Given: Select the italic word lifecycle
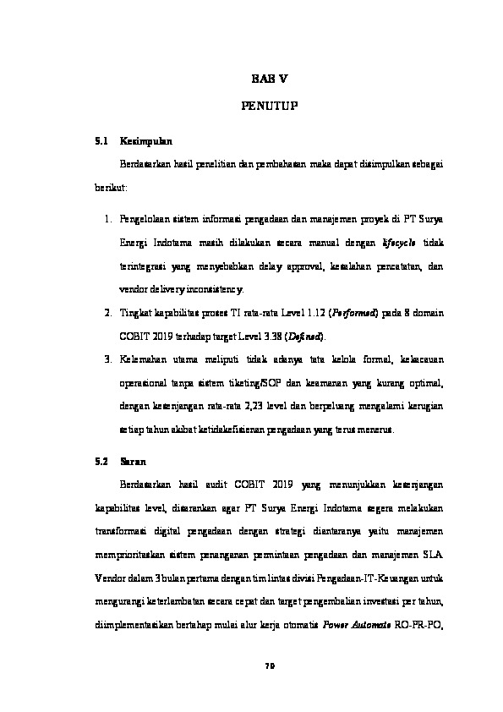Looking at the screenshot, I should pyautogui.click(x=398, y=242).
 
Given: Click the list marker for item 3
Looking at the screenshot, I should pyautogui.click(x=108, y=359).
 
